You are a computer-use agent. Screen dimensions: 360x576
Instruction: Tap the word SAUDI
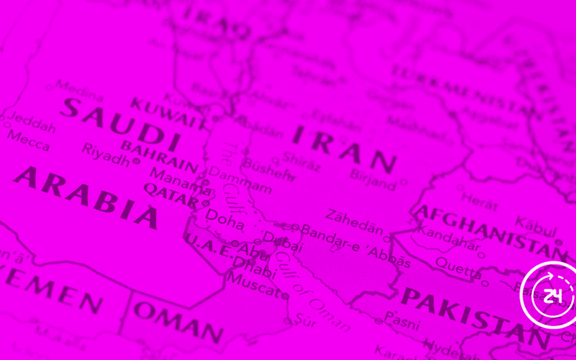click(x=119, y=123)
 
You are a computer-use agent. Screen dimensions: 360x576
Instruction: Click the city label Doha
click(x=225, y=219)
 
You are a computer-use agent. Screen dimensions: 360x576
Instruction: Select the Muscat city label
click(x=253, y=285)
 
